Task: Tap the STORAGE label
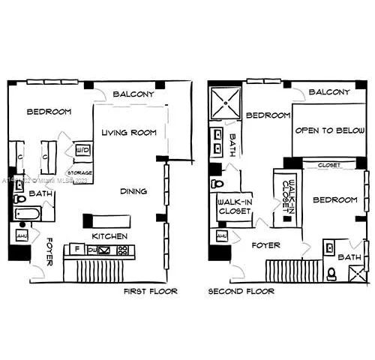[x=79, y=172]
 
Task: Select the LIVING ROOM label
[x=129, y=133]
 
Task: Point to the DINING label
[x=133, y=191]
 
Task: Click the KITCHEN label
[x=109, y=236]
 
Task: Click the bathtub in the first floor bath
[x=28, y=214]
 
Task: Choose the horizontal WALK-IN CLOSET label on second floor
[x=234, y=206]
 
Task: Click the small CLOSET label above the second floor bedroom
[x=328, y=164]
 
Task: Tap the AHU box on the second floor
[x=221, y=236]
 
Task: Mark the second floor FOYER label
[x=265, y=245]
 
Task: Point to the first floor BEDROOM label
[x=49, y=112]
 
